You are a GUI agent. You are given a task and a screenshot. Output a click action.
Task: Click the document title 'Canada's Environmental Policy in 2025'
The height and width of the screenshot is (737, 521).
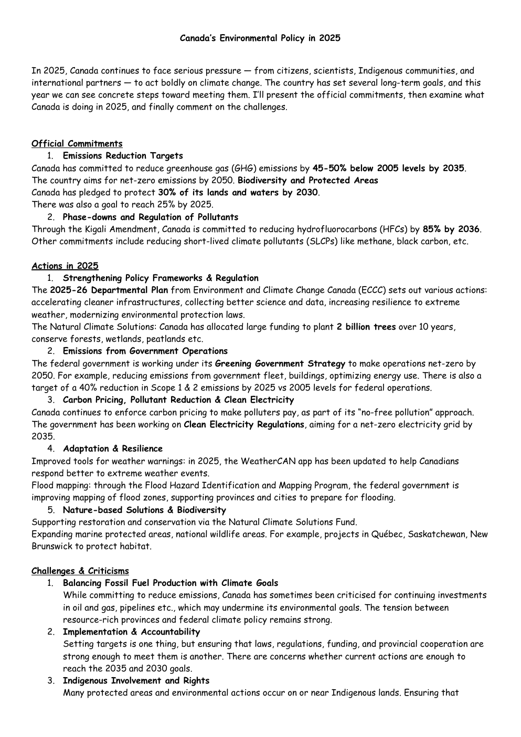[260, 38]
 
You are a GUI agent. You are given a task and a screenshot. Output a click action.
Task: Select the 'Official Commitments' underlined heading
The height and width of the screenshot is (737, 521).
[77, 144]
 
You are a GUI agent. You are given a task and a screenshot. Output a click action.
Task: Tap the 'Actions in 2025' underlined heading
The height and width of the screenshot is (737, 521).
[65, 266]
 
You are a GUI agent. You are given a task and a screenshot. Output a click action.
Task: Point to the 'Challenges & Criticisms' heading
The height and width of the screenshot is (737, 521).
[80, 571]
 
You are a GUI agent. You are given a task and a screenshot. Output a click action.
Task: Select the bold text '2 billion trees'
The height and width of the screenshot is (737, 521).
[366, 327]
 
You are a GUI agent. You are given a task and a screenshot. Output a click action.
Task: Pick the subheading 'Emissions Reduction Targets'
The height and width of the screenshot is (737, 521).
[123, 156]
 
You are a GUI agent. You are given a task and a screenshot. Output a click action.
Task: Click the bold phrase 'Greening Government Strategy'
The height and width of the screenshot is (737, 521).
[280, 364]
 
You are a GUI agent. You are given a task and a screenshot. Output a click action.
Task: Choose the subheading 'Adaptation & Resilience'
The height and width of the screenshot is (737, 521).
[113, 449]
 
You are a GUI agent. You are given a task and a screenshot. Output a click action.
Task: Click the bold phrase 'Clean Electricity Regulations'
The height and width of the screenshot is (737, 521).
[244, 425]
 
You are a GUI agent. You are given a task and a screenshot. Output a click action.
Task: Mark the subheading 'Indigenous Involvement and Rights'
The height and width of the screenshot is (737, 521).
[136, 681]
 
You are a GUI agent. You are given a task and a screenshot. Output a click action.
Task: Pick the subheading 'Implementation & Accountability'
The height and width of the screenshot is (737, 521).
[131, 632]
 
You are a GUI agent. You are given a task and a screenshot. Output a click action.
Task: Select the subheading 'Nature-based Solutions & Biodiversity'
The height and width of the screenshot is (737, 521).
[144, 510]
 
